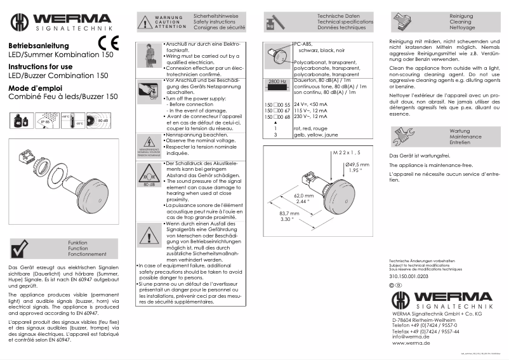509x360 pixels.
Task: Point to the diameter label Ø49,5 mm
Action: [x=357, y=164]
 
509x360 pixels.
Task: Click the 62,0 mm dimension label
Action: [x=305, y=196]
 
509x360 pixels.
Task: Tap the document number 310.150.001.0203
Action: [x=409, y=276]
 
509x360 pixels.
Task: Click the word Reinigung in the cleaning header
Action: [x=443, y=15]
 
